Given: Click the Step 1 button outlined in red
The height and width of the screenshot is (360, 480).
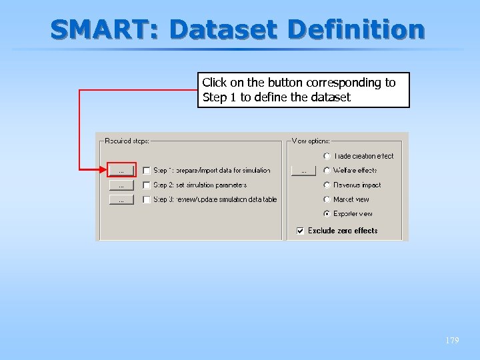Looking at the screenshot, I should click(121, 171).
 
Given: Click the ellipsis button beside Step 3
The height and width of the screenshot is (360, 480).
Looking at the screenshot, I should click(121, 199).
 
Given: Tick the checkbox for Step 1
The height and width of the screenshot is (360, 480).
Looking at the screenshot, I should click(146, 171).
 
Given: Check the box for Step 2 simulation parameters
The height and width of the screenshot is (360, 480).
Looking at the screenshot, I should click(146, 185).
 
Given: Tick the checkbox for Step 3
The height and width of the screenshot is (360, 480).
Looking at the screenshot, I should click(146, 199).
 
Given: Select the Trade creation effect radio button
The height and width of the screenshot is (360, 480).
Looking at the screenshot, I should click(327, 156).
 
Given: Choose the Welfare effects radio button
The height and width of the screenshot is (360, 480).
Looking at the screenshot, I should click(327, 171).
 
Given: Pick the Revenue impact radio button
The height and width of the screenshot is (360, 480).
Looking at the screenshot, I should click(327, 185).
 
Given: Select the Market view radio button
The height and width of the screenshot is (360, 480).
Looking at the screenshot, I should click(327, 199).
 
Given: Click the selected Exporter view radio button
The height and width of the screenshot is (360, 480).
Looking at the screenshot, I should click(327, 214).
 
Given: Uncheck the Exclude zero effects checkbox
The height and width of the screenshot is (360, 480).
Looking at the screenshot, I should click(301, 231).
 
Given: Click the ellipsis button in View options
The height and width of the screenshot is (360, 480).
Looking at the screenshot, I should click(303, 171).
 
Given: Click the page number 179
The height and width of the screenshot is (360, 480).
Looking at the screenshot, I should click(451, 341).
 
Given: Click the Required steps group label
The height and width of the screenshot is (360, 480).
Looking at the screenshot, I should click(127, 141).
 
